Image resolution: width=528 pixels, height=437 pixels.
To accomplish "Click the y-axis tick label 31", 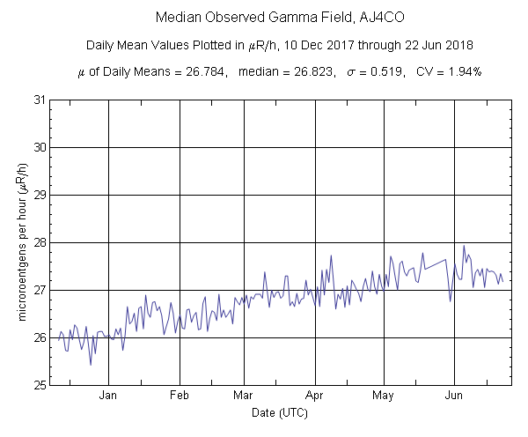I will [40, 100].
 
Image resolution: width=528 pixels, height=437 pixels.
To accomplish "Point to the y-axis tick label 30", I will [40, 147].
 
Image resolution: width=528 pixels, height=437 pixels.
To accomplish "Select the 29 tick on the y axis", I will [40, 195].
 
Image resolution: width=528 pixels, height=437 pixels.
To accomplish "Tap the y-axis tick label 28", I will [40, 242].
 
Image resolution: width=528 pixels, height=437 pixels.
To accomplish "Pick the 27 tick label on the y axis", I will [40, 290].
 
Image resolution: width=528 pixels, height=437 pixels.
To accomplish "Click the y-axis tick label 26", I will [40, 337].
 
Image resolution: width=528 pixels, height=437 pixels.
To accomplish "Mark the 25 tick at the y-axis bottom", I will [40, 385].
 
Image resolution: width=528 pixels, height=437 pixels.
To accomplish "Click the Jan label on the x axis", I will [108, 396].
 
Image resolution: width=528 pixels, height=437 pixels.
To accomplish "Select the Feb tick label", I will [180, 396].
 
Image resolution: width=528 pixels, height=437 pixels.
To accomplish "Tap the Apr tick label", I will [315, 396].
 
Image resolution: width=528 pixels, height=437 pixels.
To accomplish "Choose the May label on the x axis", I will [384, 396].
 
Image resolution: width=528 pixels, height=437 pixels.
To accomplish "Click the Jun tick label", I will [455, 396].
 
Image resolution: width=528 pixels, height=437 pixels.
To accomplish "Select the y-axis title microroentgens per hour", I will [19, 242].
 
